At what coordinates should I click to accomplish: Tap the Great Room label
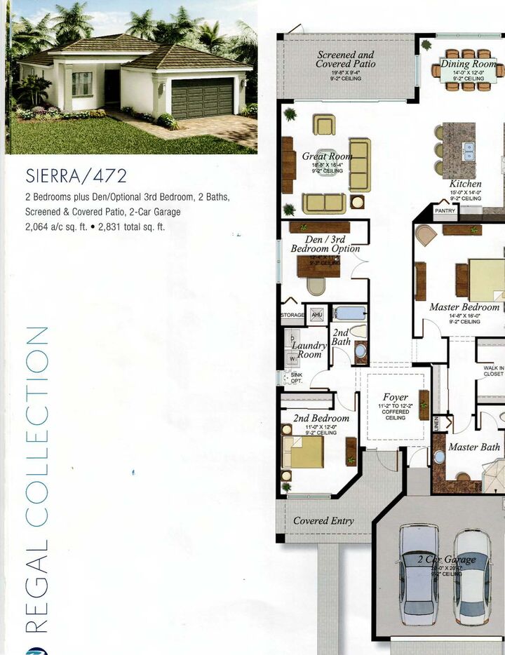point(326,156)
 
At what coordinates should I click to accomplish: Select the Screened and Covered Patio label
point(345,59)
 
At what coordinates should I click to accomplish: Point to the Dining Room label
point(468,64)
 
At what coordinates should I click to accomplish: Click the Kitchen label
point(465,184)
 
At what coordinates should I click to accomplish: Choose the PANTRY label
point(445,210)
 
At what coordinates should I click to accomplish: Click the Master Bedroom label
point(464,306)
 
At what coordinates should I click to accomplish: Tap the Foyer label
point(396,397)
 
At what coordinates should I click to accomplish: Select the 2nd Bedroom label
point(321,418)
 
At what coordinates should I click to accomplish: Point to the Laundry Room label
point(309,349)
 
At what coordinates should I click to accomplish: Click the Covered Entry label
point(323,520)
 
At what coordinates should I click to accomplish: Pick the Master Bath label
point(474,447)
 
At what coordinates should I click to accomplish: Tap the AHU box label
point(316,315)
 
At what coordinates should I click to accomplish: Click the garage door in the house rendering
point(202,97)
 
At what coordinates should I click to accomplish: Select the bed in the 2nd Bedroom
point(303,452)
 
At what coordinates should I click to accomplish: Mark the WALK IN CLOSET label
point(493,370)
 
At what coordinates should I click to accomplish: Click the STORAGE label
point(292,316)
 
